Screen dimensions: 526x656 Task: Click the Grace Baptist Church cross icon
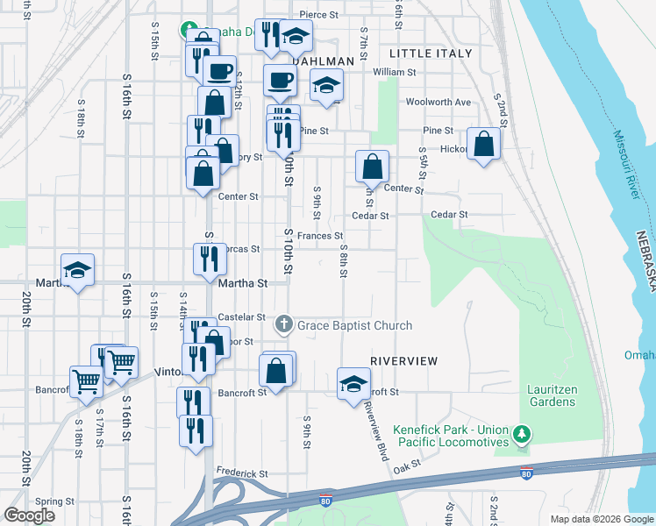283,325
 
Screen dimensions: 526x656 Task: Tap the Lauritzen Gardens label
552,395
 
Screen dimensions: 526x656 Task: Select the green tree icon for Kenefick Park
522,433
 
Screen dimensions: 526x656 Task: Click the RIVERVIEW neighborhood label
404,360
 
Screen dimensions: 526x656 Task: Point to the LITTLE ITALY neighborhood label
430,53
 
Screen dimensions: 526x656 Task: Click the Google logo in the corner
30,515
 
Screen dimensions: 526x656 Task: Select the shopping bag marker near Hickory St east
483,144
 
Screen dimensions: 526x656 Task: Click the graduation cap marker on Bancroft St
353,385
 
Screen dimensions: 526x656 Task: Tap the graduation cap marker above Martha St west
77,272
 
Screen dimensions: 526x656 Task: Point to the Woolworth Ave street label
438,102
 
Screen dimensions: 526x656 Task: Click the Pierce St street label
318,15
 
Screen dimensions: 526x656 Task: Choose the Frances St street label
319,236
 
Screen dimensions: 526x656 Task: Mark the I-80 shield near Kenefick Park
526,474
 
